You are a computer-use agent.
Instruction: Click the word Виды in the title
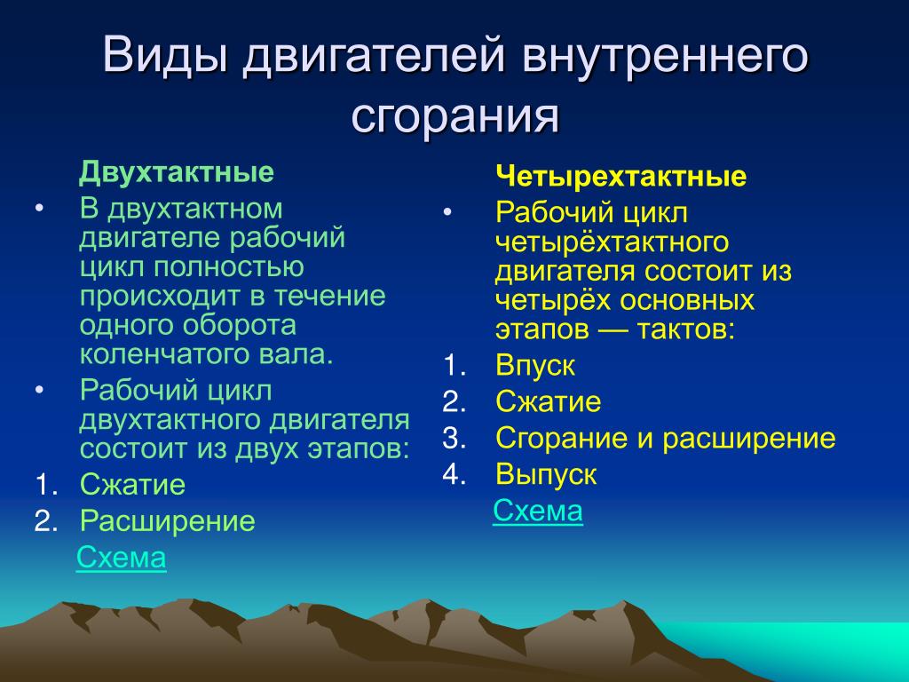(164, 55)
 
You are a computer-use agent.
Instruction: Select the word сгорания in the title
(455, 116)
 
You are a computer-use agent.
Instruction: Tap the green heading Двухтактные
(177, 172)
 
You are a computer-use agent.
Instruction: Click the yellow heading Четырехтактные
(620, 176)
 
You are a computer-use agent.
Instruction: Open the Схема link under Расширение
(121, 558)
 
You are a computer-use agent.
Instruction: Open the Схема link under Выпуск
(538, 511)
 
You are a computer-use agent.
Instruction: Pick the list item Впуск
(535, 366)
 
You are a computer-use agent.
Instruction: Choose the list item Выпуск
(546, 474)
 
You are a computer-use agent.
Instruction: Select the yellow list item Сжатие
(549, 401)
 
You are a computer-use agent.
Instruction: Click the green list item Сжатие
(133, 484)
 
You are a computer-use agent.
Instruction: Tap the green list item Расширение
(168, 520)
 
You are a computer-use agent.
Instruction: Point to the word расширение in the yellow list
(749, 439)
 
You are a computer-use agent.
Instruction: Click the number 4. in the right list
(454, 474)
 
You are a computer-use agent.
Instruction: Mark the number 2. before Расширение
(46, 521)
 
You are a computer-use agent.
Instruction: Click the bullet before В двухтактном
(39, 210)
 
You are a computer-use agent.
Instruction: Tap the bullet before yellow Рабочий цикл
(447, 213)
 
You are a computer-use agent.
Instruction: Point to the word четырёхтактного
(613, 242)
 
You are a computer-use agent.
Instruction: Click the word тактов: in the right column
(686, 330)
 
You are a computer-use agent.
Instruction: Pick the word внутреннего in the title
(664, 56)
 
